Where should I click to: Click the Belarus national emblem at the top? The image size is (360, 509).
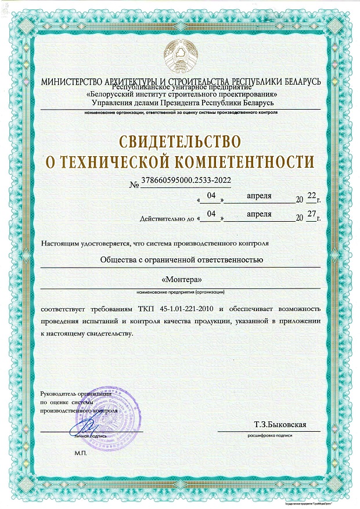(180, 57)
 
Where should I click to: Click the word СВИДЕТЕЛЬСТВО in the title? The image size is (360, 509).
(180, 141)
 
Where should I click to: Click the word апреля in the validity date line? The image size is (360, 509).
(259, 214)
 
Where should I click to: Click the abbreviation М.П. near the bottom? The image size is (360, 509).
(80, 452)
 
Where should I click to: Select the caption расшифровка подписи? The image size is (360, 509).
(269, 435)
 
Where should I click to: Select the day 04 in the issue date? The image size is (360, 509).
(211, 197)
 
